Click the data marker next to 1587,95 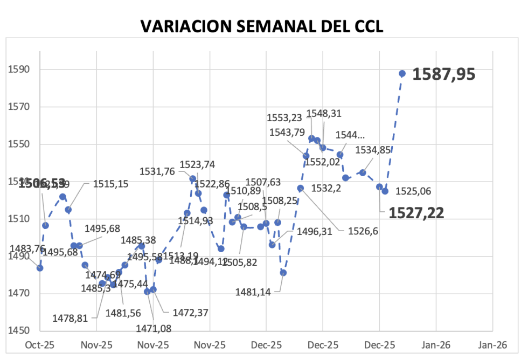click(402, 73)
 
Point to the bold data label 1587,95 click(444, 74)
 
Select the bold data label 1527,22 click(416, 213)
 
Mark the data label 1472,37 click(190, 312)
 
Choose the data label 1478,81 click(70, 318)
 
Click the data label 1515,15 click(110, 184)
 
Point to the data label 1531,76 click(157, 171)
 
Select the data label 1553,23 click(285, 117)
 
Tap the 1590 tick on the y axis click(17, 70)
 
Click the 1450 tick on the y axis click(17, 331)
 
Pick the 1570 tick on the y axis click(17, 107)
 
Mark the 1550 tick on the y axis click(17, 144)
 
